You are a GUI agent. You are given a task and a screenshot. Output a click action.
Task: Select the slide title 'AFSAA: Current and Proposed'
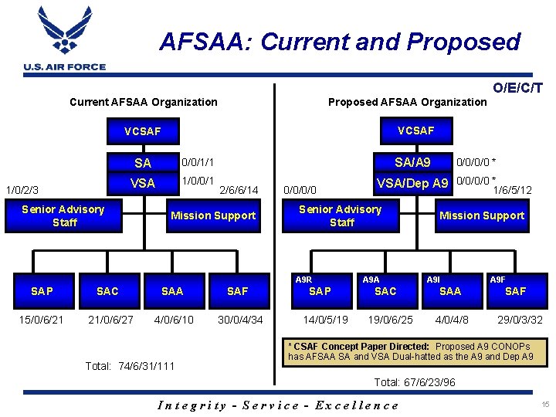(340, 41)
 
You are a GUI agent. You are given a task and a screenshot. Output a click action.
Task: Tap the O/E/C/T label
(517, 89)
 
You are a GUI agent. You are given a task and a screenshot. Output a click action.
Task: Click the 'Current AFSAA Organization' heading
(144, 102)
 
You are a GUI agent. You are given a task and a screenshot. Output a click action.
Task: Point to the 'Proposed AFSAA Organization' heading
(408, 102)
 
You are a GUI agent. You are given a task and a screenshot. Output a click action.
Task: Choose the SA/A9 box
(412, 162)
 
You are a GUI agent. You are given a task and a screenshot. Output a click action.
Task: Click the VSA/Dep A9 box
(412, 183)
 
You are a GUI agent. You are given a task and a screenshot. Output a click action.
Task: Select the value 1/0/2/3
(22, 189)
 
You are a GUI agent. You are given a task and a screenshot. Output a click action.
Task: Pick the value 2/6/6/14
(239, 189)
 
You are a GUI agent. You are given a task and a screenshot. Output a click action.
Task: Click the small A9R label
(303, 280)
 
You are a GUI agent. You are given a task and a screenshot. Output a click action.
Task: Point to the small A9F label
(498, 280)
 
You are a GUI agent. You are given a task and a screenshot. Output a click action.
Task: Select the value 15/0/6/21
(42, 320)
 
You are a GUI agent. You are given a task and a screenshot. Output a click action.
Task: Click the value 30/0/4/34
(240, 320)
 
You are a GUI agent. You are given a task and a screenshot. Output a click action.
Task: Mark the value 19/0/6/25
(390, 320)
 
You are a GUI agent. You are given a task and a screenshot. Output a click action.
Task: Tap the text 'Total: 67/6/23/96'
(415, 381)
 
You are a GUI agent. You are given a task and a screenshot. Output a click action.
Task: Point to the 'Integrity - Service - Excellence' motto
(278, 405)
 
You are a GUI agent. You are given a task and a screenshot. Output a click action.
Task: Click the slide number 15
(545, 405)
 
